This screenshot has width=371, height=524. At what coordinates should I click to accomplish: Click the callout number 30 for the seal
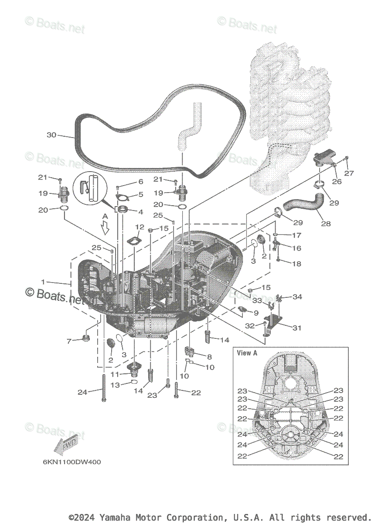pyautogui.click(x=51, y=135)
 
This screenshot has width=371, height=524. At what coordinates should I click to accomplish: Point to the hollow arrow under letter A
pyautogui.click(x=105, y=228)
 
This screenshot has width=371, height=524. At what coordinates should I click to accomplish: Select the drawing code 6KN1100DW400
pyautogui.click(x=71, y=462)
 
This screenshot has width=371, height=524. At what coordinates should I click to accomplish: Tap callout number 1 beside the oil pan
pyautogui.click(x=43, y=282)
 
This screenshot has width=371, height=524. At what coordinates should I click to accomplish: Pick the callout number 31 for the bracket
pyautogui.click(x=296, y=327)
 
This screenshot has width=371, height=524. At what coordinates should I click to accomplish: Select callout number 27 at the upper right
pyautogui.click(x=350, y=173)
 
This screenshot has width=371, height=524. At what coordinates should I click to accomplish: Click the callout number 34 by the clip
pyautogui.click(x=297, y=297)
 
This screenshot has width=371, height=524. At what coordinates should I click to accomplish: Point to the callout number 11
pyautogui.click(x=115, y=374)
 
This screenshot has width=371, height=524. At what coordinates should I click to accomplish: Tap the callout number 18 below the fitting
pyautogui.click(x=296, y=264)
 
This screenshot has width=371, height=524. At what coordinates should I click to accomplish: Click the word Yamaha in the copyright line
pyautogui.click(x=113, y=517)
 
